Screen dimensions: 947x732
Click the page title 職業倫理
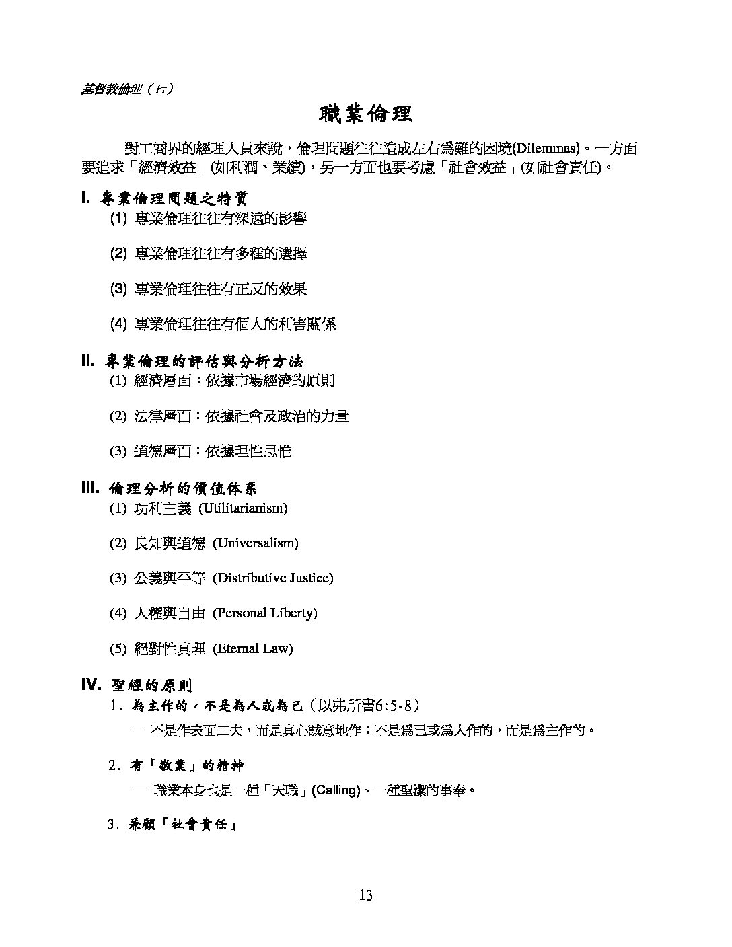pyautogui.click(x=365, y=114)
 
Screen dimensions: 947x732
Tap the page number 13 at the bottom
pyautogui.click(x=365, y=895)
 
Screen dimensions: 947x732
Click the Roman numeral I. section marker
pyautogui.click(x=85, y=198)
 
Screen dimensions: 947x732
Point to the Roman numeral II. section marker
pyautogui.click(x=87, y=361)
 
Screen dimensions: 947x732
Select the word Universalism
pyautogui.click(x=256, y=543)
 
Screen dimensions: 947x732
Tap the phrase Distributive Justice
pyautogui.click(x=273, y=578)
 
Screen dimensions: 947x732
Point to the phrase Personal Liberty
pyautogui.click(x=265, y=613)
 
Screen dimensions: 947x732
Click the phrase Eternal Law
pyautogui.click(x=253, y=648)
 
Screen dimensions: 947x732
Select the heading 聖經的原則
pyautogui.click(x=153, y=686)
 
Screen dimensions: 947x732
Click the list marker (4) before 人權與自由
pyautogui.click(x=118, y=613)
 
